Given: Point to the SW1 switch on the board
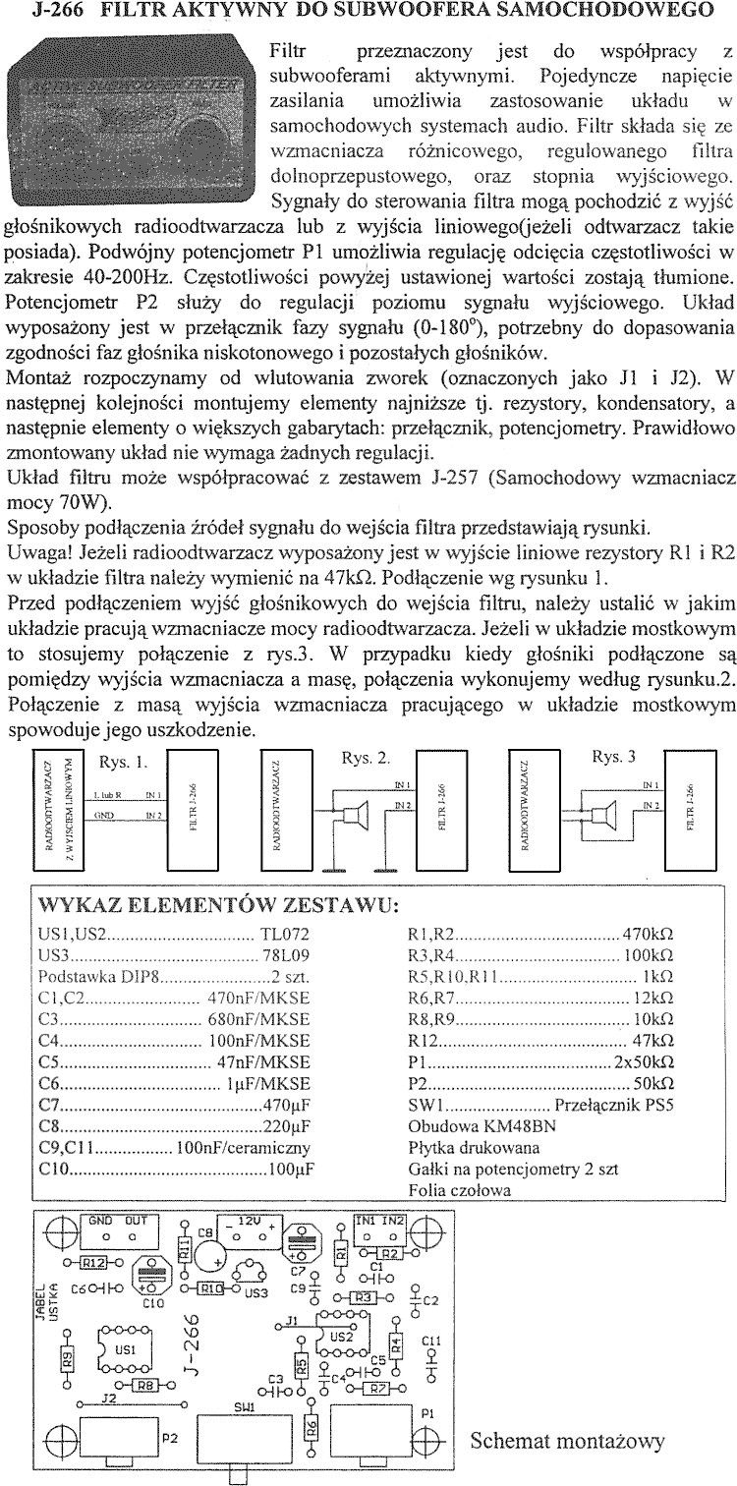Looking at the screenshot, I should tap(243, 1435).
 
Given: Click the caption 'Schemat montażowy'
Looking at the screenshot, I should tap(567, 1441).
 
